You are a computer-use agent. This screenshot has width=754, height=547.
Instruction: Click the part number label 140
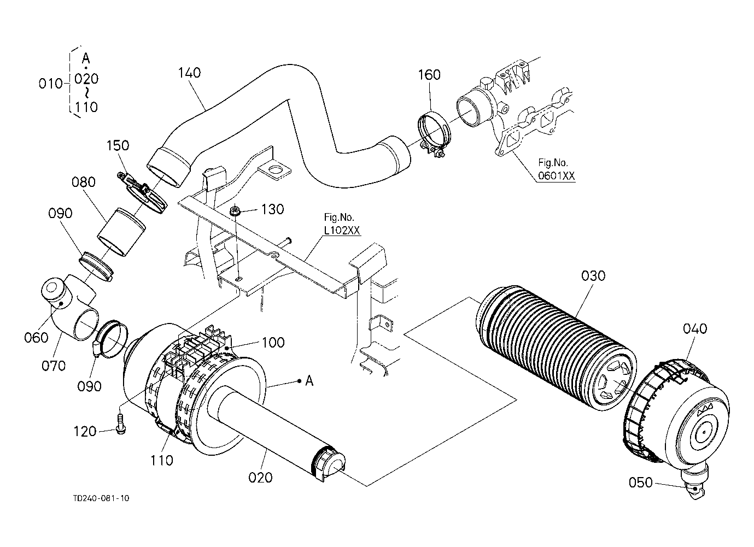[x=189, y=73]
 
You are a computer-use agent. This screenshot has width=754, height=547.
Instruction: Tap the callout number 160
[x=429, y=75]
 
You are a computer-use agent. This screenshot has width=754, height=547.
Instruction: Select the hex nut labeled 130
[x=234, y=211]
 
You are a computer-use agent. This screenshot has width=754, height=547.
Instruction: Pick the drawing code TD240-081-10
[x=101, y=498]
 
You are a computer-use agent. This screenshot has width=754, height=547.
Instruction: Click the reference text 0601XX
[x=556, y=175]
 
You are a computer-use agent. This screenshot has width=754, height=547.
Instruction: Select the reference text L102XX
[x=342, y=230]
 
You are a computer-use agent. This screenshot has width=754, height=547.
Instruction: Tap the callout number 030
[x=593, y=276]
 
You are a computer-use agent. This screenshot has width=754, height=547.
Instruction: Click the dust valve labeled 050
[x=692, y=485]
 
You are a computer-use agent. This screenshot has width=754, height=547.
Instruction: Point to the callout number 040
[x=695, y=328]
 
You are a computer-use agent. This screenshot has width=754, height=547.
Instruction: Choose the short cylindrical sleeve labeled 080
[x=121, y=232]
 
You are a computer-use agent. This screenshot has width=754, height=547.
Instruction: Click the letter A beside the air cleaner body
[x=309, y=381]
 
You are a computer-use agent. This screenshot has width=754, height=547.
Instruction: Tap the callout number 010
[x=50, y=84]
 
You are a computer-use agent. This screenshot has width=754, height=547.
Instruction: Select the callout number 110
[x=162, y=460]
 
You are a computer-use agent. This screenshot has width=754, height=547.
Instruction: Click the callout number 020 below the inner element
[x=260, y=478]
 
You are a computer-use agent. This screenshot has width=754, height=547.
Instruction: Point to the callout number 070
[x=54, y=366]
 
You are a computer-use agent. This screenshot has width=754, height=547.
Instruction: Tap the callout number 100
[x=273, y=343]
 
